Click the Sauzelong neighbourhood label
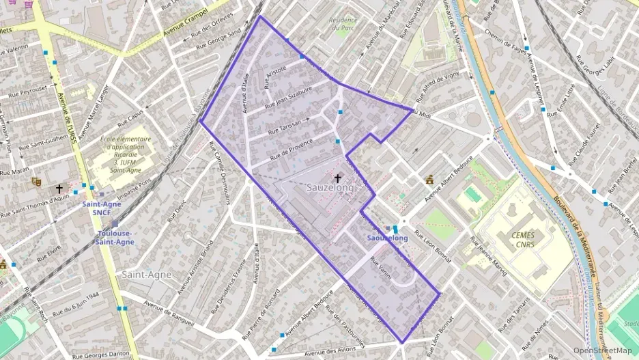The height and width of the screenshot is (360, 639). tap(330, 187)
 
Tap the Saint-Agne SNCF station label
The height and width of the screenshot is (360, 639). tap(102, 208)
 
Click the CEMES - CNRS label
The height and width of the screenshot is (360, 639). tap(524, 239)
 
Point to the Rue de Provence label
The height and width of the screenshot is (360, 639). tap(292, 150)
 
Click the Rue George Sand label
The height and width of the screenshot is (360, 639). tap(218, 40)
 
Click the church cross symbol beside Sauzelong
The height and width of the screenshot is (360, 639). tap(337, 178)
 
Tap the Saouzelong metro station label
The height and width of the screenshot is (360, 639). tap(387, 238)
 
